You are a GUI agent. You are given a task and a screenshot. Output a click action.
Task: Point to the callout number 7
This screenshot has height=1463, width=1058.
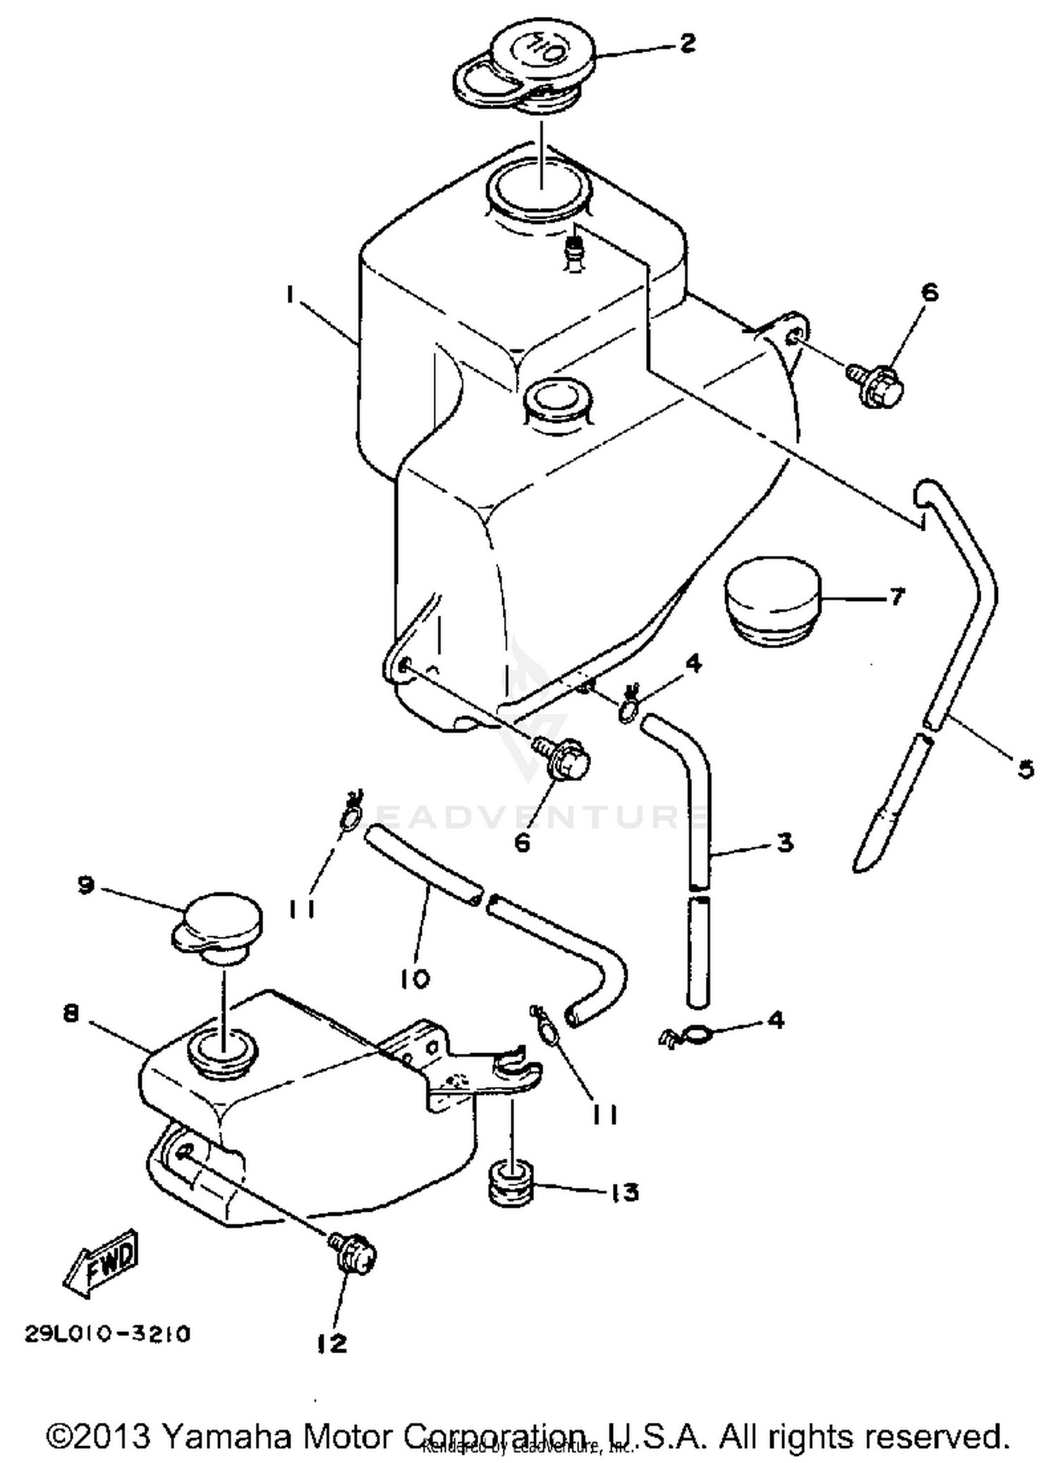tap(896, 597)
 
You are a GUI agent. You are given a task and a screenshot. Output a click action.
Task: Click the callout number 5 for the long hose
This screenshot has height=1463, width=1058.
tap(1026, 767)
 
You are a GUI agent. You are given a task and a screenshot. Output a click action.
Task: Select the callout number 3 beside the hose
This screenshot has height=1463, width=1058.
tap(784, 842)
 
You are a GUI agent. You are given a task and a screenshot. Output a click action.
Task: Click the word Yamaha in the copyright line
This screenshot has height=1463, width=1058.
tap(226, 1435)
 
